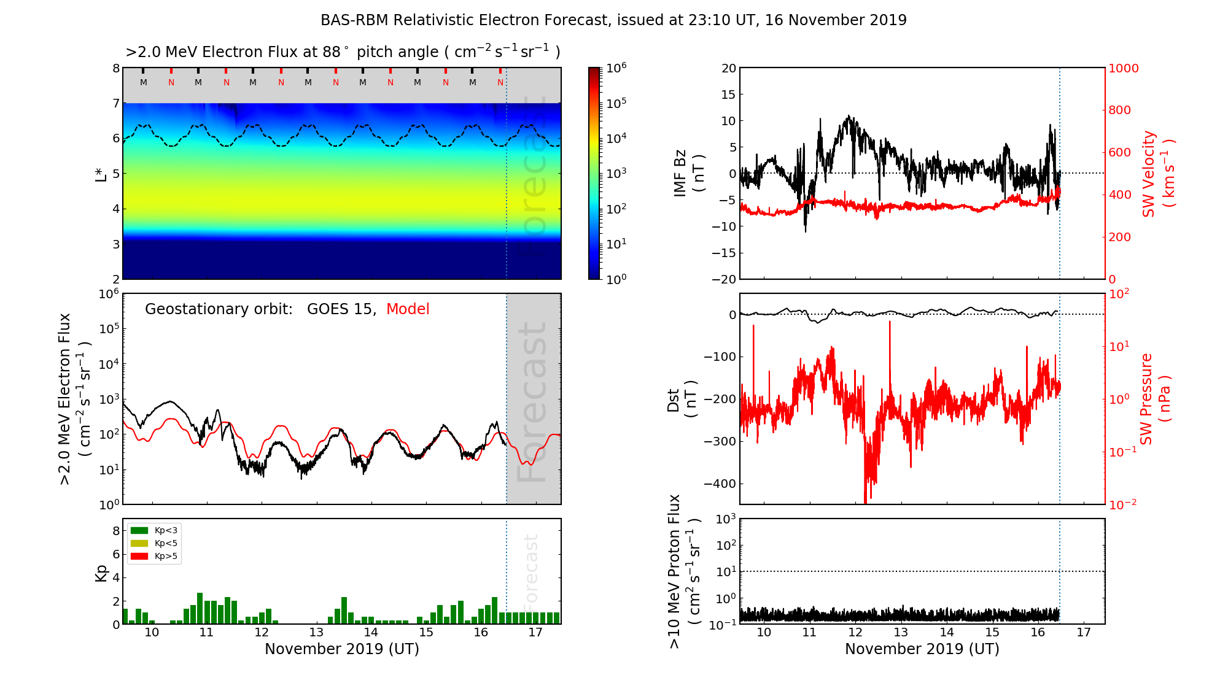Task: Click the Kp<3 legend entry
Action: click(x=154, y=530)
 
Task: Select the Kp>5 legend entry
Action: click(x=154, y=557)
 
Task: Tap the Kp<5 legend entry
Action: click(x=154, y=543)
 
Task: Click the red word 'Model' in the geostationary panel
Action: click(x=408, y=309)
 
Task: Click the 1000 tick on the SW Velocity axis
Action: click(x=1123, y=68)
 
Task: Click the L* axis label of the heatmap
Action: click(x=101, y=173)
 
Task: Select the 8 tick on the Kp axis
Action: click(x=116, y=531)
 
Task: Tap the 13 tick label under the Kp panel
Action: click(x=316, y=633)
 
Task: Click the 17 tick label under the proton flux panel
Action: click(x=1084, y=633)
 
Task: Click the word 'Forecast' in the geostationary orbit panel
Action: click(x=532, y=402)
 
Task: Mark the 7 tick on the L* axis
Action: click(x=116, y=103)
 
